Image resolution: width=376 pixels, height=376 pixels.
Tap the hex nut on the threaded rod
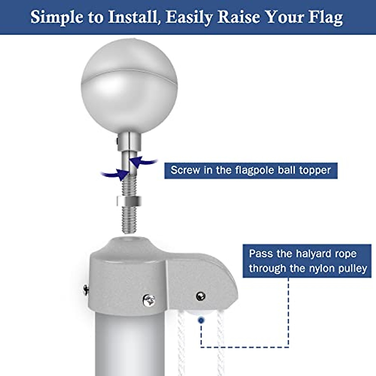tap(129, 201)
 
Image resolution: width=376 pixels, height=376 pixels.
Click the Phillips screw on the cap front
tap(149, 300)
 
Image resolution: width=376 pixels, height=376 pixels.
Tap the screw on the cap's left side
tap(86, 290)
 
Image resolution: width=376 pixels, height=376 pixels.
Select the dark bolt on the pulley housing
tap(200, 296)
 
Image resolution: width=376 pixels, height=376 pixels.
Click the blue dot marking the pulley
tap(201, 320)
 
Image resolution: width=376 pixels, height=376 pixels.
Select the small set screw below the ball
tap(117, 142)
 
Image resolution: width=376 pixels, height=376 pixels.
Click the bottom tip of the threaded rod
tap(129, 231)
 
